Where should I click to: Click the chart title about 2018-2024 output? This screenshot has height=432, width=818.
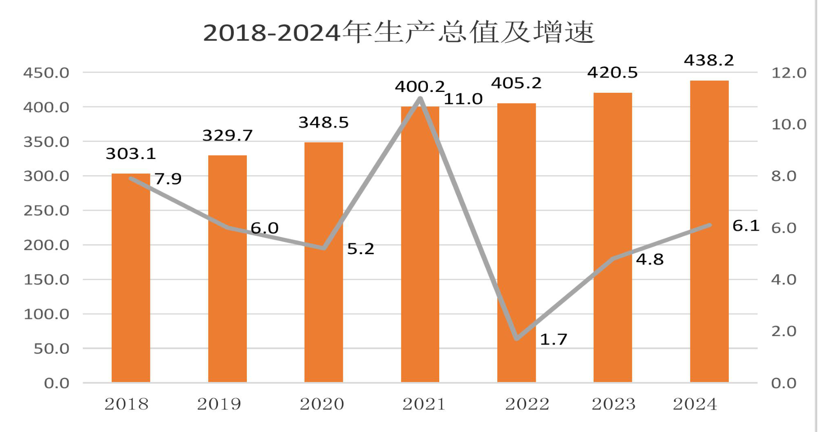pyautogui.click(x=399, y=32)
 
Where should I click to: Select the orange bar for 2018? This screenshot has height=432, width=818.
pyautogui.click(x=131, y=278)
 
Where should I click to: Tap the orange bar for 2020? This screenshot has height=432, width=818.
pyautogui.click(x=323, y=262)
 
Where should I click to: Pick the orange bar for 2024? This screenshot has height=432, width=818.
pyautogui.click(x=709, y=232)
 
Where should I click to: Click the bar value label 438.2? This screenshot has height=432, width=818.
pyautogui.click(x=709, y=60)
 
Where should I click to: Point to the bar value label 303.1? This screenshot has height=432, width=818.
pyautogui.click(x=131, y=154)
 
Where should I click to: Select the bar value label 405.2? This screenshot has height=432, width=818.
pyautogui.click(x=516, y=83)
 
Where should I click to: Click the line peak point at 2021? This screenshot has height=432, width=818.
pyautogui.click(x=420, y=98)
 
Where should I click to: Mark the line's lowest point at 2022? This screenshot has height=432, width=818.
pyautogui.click(x=517, y=338)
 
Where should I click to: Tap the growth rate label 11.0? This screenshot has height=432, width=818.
pyautogui.click(x=463, y=99)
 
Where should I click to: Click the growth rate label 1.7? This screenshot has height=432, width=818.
pyautogui.click(x=554, y=339)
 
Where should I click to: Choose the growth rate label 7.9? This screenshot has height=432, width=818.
pyautogui.click(x=168, y=179)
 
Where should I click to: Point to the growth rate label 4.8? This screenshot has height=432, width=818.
pyautogui.click(x=650, y=259)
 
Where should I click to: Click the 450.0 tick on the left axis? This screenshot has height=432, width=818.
pyautogui.click(x=46, y=73)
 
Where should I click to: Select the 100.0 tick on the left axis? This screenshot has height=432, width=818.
pyautogui.click(x=46, y=314)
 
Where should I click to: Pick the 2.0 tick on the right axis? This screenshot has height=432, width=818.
pyautogui.click(x=784, y=331)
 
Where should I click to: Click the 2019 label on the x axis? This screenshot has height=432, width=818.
pyautogui.click(x=219, y=404)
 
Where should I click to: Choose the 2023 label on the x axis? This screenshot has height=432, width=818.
pyautogui.click(x=613, y=404)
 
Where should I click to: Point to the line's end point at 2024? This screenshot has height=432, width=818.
pyautogui.click(x=709, y=225)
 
